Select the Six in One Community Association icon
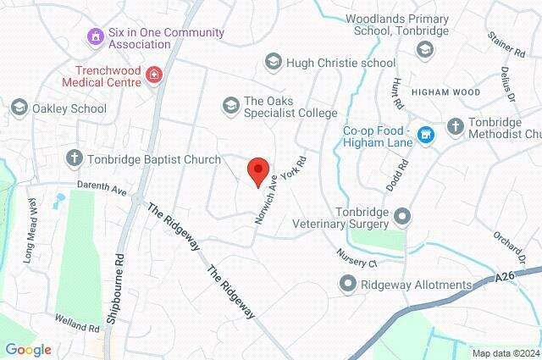click(x=96, y=36)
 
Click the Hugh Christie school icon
click(x=273, y=62)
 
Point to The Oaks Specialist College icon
click(x=230, y=105)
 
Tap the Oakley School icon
click(x=19, y=108)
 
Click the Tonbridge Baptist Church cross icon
click(x=75, y=158)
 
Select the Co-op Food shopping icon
click(x=427, y=134)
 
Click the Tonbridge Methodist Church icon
click(x=455, y=126)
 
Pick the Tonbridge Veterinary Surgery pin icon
click(x=401, y=217)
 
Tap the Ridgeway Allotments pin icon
click(x=347, y=285)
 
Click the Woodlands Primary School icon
click(x=423, y=48)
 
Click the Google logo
click(x=28, y=349)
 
